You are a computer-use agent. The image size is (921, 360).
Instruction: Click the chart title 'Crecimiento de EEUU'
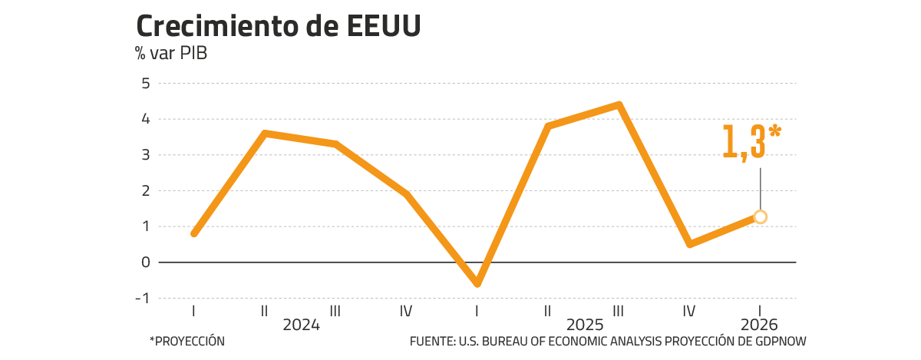coord(278,27)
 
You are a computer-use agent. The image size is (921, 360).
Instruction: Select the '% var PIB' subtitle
coord(171,54)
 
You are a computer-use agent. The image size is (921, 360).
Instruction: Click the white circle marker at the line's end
coord(760,216)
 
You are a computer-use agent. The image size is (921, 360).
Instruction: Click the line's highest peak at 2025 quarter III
coord(619,104)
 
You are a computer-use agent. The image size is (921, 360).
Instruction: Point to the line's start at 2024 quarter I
coord(193,233)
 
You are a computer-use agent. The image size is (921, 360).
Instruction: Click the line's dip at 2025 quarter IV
coord(690,244)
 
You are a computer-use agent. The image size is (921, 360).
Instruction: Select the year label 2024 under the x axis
coord(300,324)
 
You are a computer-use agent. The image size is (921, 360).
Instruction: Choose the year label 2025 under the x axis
coord(584,324)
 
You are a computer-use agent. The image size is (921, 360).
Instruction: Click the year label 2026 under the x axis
coord(760,324)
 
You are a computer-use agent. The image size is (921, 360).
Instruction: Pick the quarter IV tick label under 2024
coord(406,311)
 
